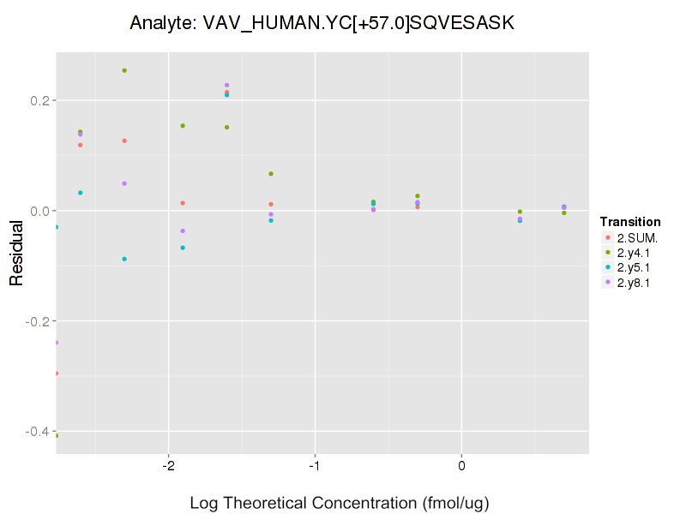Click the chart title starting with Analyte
pos(322,23)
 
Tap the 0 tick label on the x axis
pos(462,466)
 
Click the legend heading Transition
pos(630,222)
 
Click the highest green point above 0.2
pos(124,70)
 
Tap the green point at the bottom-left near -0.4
pos(57,435)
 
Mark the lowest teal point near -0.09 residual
pos(124,259)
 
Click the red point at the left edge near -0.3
pos(57,374)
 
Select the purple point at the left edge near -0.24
pos(57,343)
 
